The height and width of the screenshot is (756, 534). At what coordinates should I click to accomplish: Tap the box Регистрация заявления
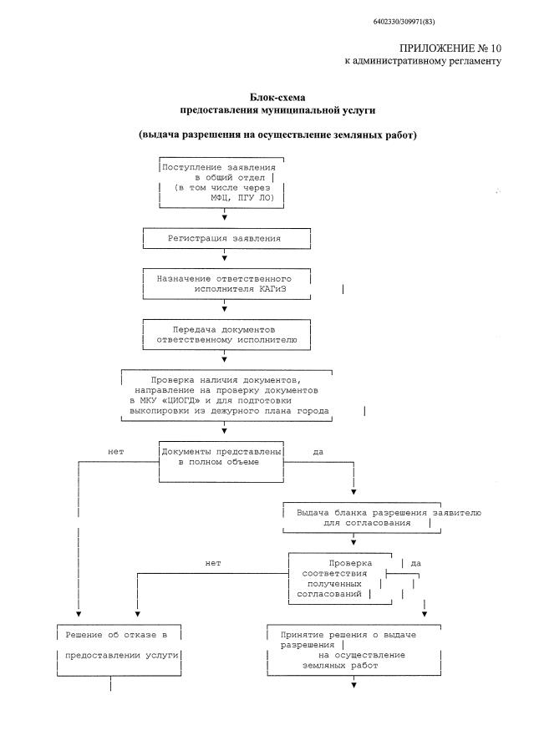coord(224,239)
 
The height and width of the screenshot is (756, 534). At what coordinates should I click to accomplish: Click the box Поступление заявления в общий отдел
coord(222,184)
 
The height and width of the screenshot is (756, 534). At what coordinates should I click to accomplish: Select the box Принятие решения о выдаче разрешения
coord(353,651)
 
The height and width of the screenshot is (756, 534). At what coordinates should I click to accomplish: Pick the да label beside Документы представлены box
coord(318,452)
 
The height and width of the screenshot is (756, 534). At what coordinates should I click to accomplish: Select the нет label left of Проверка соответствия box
coord(212,563)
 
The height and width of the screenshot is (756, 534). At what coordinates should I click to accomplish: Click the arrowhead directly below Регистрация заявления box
coord(224,258)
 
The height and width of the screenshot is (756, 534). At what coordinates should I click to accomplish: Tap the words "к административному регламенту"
coord(423,63)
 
